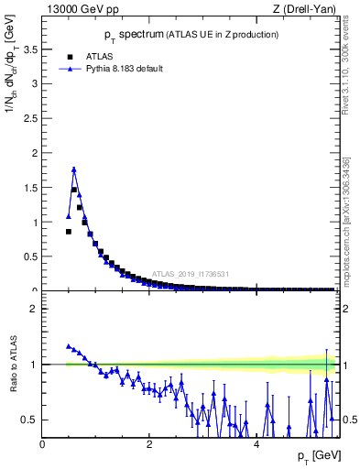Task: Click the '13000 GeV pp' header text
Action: click(x=79, y=10)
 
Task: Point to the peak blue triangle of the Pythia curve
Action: click(x=74, y=169)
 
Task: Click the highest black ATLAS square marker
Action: click(x=74, y=191)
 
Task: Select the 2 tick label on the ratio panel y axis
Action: click(x=34, y=309)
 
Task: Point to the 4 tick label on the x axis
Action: click(x=256, y=443)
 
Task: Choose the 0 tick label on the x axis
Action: click(x=42, y=443)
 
